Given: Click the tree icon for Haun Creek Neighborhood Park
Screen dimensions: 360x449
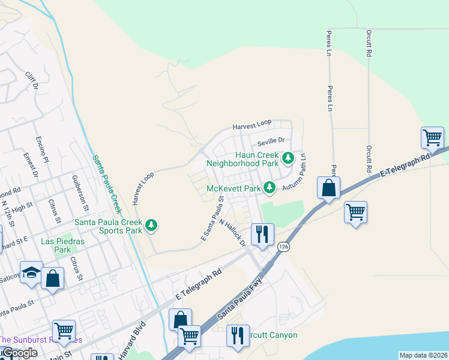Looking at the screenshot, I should (x=289, y=158).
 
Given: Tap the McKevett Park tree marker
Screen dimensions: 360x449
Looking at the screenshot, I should (x=270, y=188).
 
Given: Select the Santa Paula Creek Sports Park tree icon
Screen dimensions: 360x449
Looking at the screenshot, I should (x=152, y=226).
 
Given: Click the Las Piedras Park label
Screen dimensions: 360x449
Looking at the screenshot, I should (x=62, y=245).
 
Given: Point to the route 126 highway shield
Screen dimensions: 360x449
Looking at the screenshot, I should (x=283, y=246).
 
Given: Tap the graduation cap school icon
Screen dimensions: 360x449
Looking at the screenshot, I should (x=31, y=272).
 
